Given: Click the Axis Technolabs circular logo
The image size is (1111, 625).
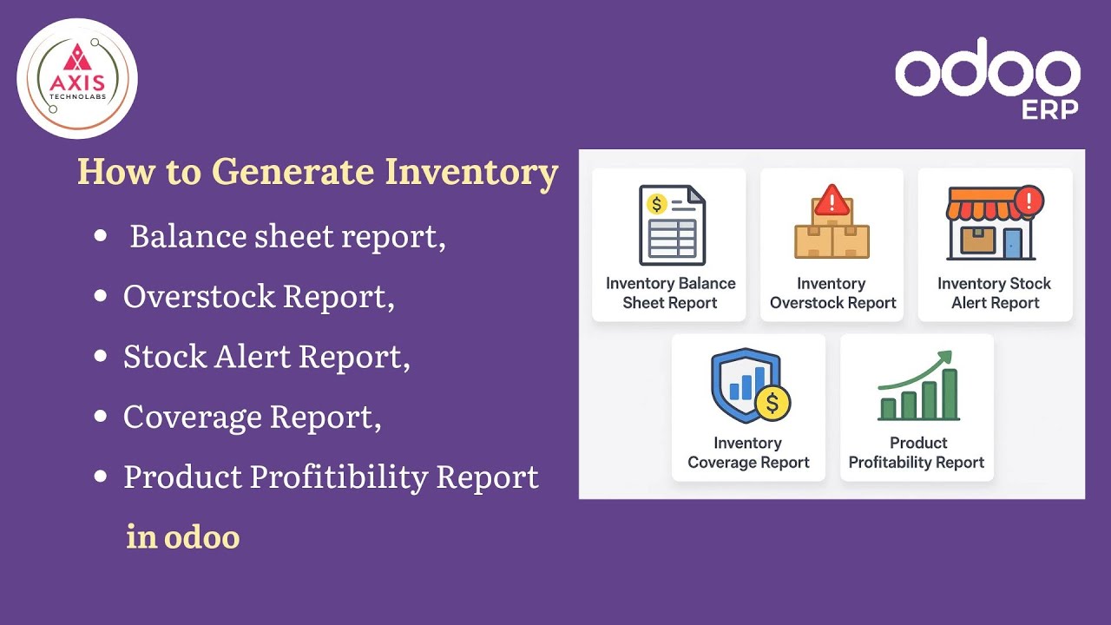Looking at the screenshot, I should point(77,78).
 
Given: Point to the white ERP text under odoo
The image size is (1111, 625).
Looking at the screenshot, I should point(1050,109).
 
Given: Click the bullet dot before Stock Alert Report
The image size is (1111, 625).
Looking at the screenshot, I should point(102,357).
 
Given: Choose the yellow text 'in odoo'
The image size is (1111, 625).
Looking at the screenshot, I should point(182,536).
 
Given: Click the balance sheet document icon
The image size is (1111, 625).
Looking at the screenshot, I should point(671,225).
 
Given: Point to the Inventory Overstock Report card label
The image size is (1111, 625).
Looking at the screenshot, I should point(832,293).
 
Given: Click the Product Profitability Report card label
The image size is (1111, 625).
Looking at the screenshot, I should point(917,452).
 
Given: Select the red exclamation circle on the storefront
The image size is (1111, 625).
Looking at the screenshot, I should point(1029,201).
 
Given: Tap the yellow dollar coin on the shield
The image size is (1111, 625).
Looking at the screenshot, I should point(772,403).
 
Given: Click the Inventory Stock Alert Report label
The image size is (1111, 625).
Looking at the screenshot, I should point(995,293).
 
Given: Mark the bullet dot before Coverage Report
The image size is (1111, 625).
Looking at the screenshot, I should point(102,417).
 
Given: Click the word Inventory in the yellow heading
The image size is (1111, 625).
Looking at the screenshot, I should point(471,172).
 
